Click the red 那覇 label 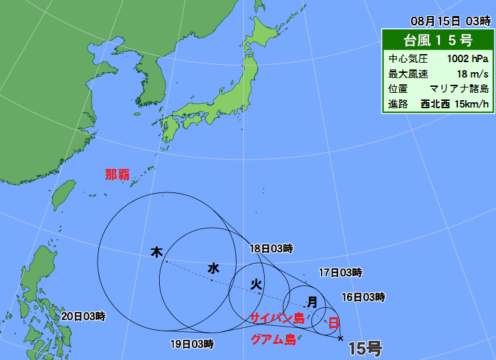118,175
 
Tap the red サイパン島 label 277,318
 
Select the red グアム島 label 273,339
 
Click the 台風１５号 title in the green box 438,39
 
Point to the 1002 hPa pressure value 467,58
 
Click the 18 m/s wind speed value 473,73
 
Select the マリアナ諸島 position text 459,89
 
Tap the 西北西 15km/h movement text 455,104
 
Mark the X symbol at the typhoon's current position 341,339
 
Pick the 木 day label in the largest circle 156,252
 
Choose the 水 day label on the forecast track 213,268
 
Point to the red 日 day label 333,323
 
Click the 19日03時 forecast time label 192,345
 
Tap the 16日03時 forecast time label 363,297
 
